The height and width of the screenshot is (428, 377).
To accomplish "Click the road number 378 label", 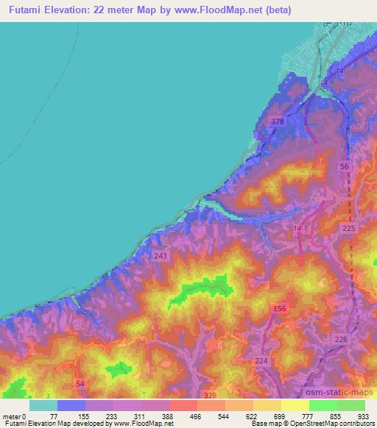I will pos(277,121).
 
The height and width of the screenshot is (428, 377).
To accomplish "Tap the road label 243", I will pos(161,256).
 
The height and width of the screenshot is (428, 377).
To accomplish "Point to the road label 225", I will pos(349,229).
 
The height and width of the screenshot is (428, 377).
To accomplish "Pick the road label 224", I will pos(261,360).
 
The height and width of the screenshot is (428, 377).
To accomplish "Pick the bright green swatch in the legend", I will pos(323,405).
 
